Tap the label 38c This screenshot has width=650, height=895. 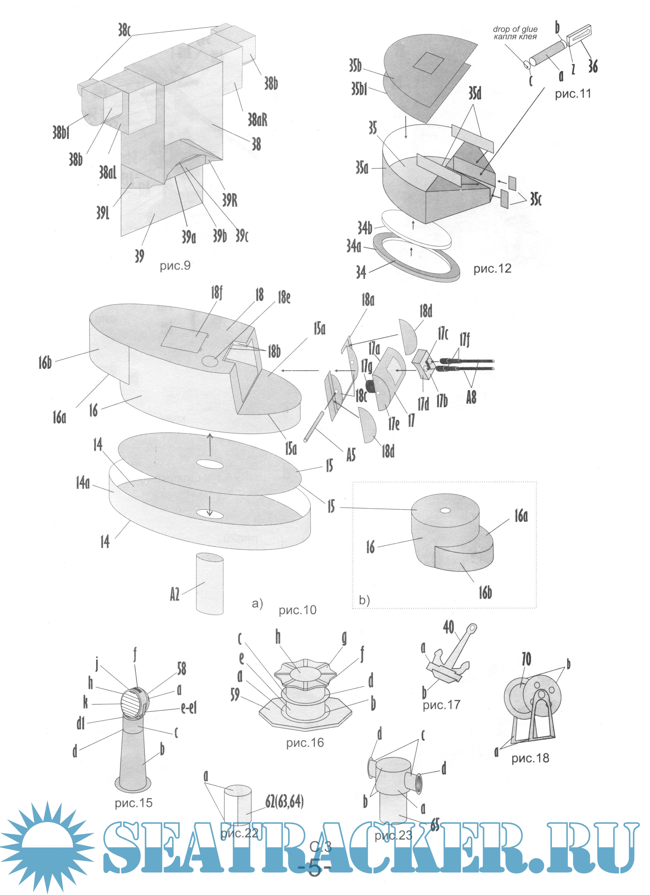(x=124, y=30)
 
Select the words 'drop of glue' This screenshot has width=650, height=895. (x=515, y=29)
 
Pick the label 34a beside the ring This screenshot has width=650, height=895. (x=354, y=246)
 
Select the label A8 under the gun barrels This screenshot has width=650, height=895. (x=471, y=397)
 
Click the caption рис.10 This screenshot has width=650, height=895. (x=297, y=610)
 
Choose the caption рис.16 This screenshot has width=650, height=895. (x=305, y=743)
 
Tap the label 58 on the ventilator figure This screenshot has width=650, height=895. (x=181, y=669)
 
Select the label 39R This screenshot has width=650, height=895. (x=230, y=200)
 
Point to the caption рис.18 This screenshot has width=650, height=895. (x=530, y=758)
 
